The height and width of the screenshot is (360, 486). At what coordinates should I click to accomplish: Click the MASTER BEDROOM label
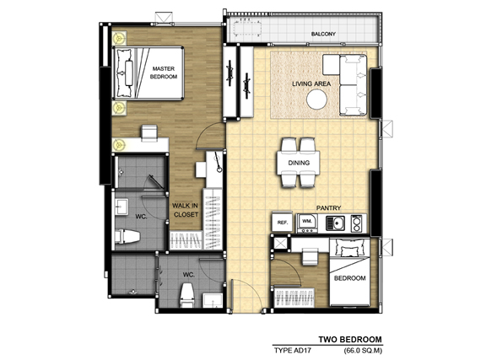click(x=164, y=73)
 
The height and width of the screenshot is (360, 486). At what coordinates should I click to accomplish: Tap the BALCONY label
click(x=323, y=34)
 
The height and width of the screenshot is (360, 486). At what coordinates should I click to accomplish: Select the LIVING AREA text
click(x=311, y=83)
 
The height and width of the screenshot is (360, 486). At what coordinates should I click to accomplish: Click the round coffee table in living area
click(x=316, y=99)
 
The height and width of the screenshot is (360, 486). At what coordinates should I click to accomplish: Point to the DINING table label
click(x=299, y=163)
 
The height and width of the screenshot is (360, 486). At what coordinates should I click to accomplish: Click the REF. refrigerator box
click(x=283, y=222)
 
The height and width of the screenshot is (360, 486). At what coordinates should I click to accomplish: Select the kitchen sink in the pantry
click(x=335, y=223)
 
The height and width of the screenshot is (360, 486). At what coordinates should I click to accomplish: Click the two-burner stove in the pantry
click(x=356, y=223)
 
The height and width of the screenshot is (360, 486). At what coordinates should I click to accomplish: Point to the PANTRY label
click(x=328, y=208)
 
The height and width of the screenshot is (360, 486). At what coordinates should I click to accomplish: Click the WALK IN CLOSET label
click(x=186, y=210)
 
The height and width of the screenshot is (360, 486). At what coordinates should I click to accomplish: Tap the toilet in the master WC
click(x=127, y=236)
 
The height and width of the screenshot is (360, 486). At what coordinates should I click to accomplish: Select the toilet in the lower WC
click(x=187, y=296)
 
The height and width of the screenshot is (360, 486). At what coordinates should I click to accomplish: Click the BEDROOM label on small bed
click(x=349, y=278)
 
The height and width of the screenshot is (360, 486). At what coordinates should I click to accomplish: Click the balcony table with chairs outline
click(x=248, y=29)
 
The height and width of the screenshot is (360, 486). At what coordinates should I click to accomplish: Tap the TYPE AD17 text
click(x=293, y=351)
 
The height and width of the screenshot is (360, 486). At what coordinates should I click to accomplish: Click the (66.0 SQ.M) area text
click(x=363, y=351)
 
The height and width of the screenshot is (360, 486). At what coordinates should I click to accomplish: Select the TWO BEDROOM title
click(x=350, y=340)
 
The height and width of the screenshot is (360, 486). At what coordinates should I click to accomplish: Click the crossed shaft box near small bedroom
click(x=281, y=244)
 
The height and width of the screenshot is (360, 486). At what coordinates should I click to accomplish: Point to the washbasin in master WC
click(x=121, y=207)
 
